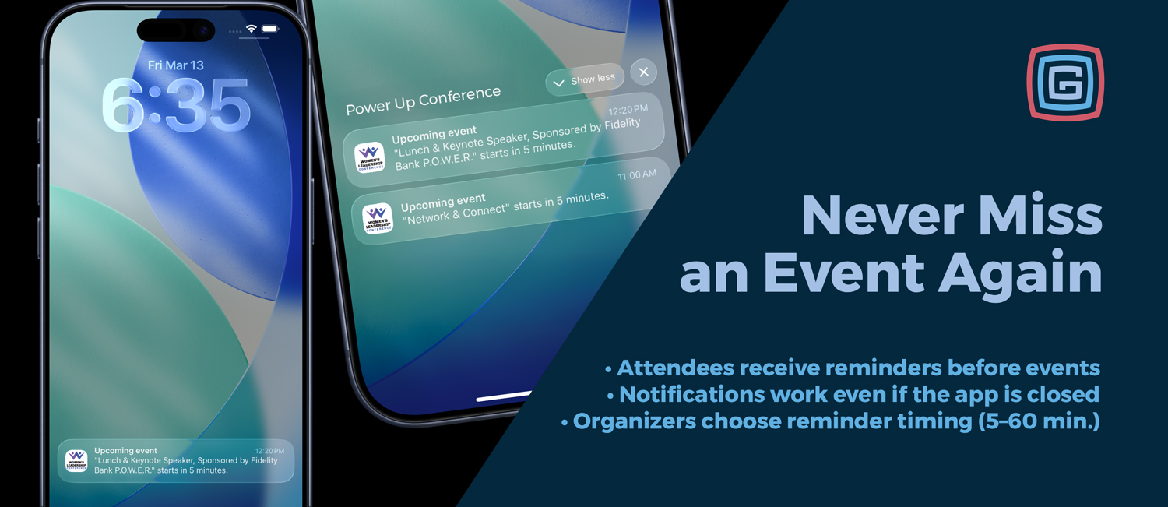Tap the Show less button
(x=585, y=80)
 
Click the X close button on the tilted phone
(x=644, y=72)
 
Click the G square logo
(x=1065, y=83)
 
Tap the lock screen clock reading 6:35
(x=176, y=105)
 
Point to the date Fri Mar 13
(x=176, y=65)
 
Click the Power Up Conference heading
(x=423, y=100)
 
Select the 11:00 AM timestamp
(x=637, y=174)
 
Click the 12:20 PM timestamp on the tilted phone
(x=628, y=110)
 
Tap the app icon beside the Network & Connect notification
(x=378, y=218)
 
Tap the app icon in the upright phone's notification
(x=76, y=460)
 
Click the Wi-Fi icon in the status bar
(x=252, y=28)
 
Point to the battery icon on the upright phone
(x=269, y=29)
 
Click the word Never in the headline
(x=882, y=216)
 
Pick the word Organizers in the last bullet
(x=635, y=421)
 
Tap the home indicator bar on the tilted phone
(x=504, y=396)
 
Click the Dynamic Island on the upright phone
(x=176, y=30)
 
